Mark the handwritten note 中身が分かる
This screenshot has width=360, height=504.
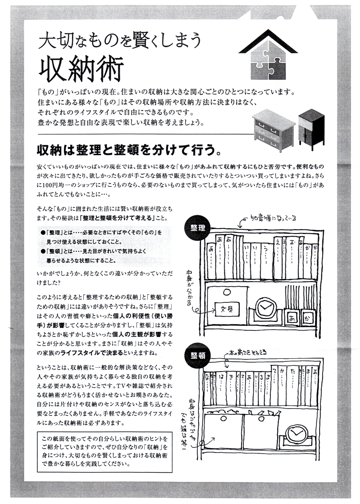coord(189,288)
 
